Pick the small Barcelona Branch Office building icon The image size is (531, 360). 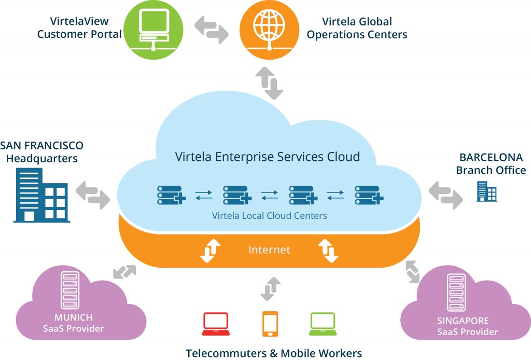486,191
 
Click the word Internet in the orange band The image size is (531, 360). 269,250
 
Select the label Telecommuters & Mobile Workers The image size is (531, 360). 273,353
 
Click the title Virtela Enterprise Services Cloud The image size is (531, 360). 268,156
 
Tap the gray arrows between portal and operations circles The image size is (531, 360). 212,29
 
